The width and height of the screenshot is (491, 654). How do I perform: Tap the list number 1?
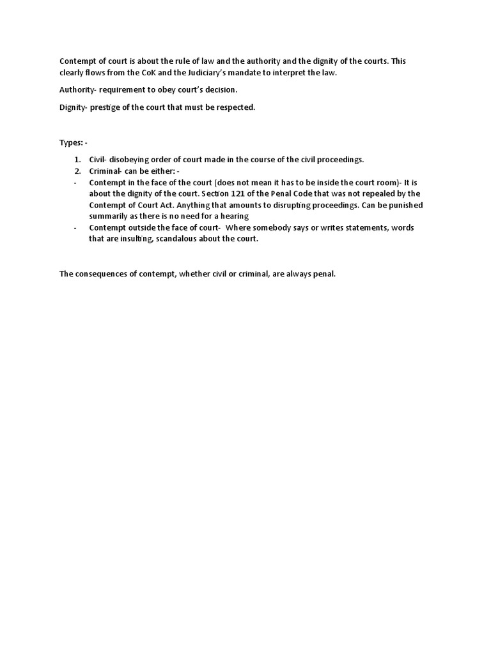coord(77,159)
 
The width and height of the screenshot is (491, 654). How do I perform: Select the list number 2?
coord(77,171)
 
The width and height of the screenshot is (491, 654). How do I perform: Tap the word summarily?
coord(109,217)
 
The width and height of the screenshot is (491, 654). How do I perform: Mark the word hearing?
coord(234,217)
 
